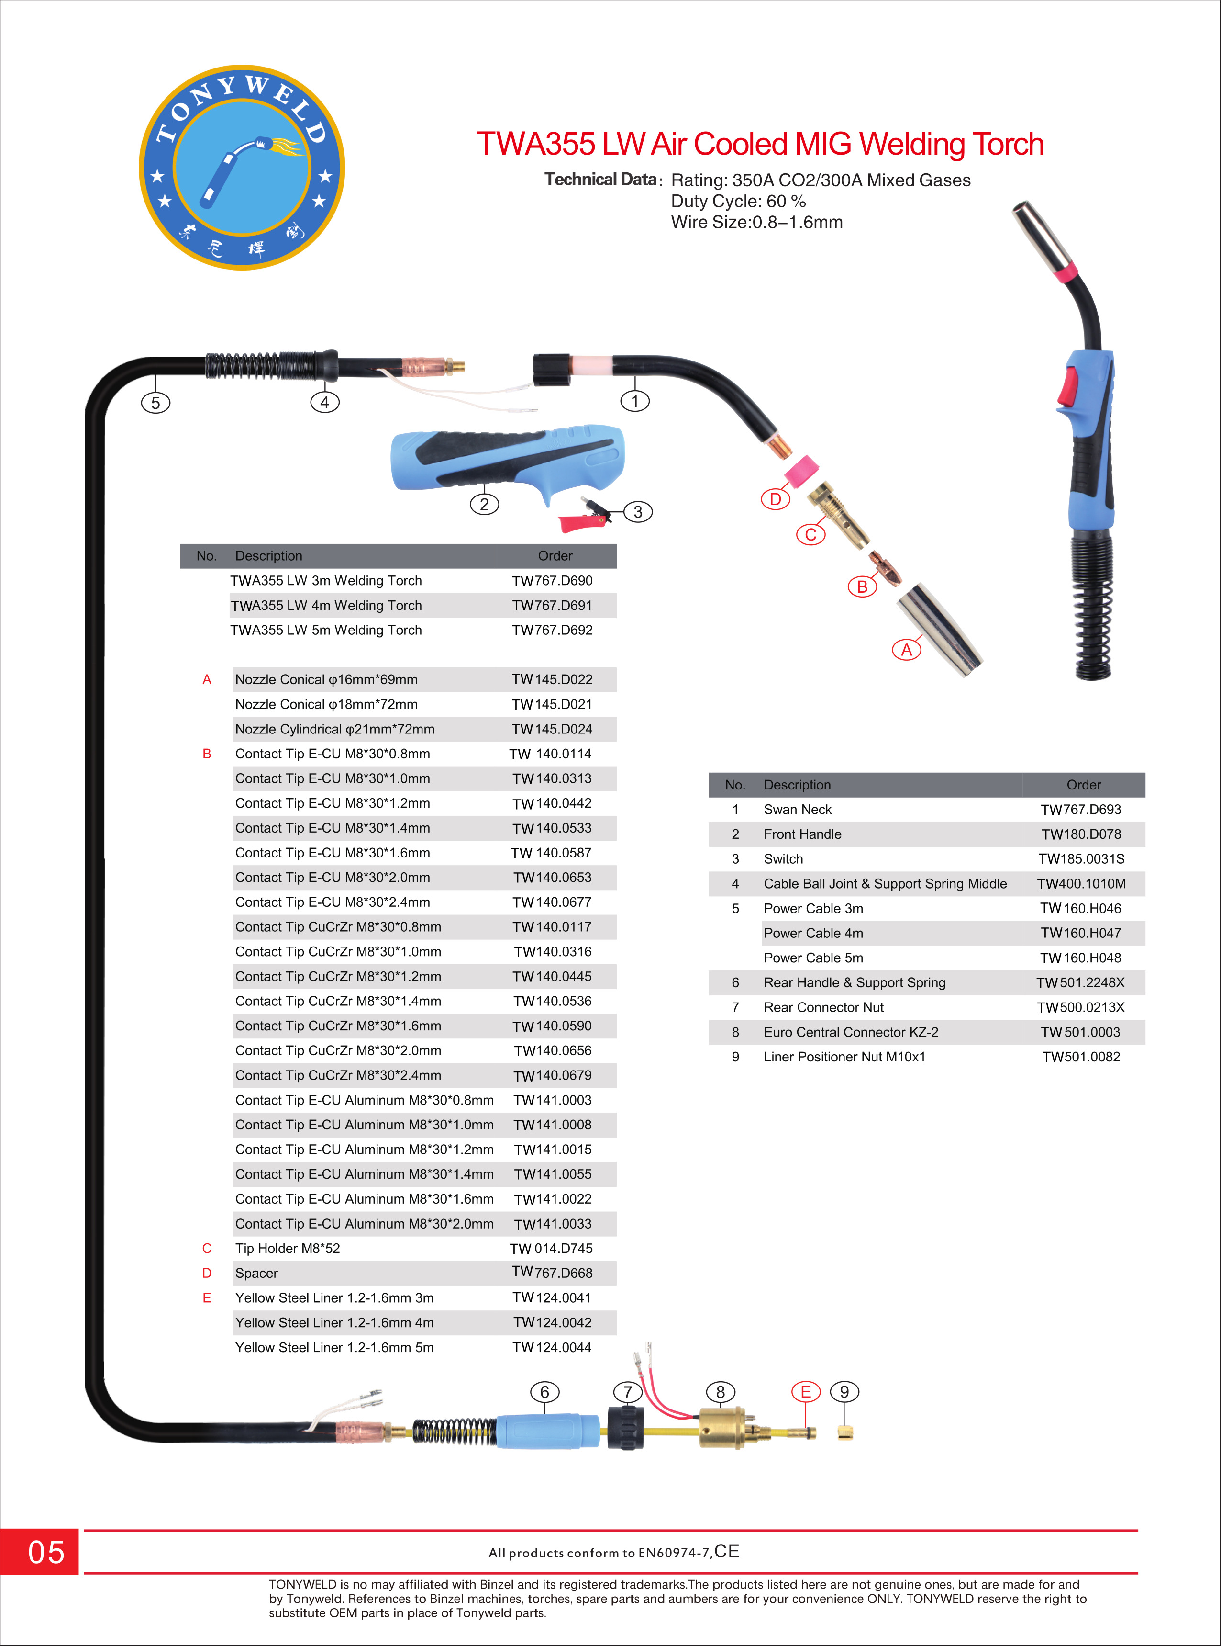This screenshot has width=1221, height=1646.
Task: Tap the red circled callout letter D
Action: pos(775,499)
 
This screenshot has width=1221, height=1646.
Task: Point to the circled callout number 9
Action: pos(844,1392)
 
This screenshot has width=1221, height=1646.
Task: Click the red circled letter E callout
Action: pos(806,1392)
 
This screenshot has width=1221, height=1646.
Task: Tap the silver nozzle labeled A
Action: pos(939,629)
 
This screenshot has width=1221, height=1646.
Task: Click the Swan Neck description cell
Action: pos(798,810)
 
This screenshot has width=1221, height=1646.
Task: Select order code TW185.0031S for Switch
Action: pos(1081,859)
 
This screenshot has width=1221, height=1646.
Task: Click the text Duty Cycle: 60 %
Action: pos(738,201)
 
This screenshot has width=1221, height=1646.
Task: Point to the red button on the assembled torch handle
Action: pos(1067,386)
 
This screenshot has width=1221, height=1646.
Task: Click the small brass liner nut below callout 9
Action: pos(845,1433)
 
